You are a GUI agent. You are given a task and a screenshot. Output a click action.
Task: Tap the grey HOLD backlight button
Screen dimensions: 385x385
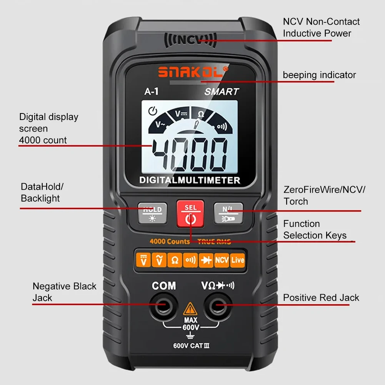pos(152,213)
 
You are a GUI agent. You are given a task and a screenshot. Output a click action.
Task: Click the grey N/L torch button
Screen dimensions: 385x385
pos(228,213)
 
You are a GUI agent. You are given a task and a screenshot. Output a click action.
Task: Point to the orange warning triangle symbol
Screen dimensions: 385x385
pos(190,309)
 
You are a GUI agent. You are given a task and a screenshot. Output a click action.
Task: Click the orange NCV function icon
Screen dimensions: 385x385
pos(222,260)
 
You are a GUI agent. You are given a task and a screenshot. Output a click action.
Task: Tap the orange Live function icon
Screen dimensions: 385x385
pos(238,260)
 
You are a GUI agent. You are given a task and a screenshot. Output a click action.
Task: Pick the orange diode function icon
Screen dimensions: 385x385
pos(206,260)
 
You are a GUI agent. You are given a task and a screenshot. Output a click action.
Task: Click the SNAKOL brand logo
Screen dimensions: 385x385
pos(193,72)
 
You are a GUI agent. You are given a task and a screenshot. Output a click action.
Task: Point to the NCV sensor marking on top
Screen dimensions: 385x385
pos(189,40)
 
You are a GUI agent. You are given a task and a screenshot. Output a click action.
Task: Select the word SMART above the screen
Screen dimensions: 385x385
pos(221,92)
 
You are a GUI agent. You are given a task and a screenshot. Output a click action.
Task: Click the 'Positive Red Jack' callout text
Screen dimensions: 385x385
pos(321,298)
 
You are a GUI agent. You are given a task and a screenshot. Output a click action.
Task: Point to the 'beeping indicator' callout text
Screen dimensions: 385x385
pos(319,75)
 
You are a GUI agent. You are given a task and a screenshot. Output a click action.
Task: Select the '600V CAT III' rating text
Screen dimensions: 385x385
pos(191,345)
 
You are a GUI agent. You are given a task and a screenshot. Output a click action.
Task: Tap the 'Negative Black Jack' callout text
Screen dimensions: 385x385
pos(64,292)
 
